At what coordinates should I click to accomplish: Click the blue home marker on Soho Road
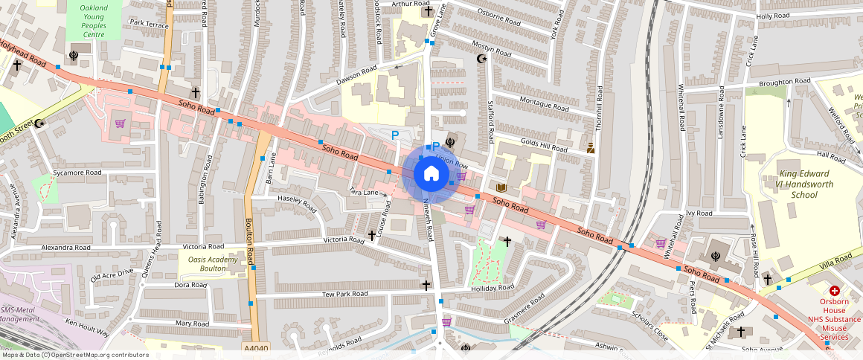(x=430, y=175)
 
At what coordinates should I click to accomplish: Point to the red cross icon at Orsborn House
(x=834, y=291)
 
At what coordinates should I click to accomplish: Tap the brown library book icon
(x=502, y=187)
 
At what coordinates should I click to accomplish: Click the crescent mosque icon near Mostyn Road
(x=481, y=58)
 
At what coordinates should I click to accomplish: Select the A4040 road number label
(x=255, y=348)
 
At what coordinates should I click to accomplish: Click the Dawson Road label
(x=357, y=75)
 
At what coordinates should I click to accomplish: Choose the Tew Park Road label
(x=344, y=295)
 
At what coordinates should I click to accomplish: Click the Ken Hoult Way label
(x=87, y=328)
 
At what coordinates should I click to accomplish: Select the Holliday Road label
(x=492, y=288)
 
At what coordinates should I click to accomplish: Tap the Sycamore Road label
(x=77, y=173)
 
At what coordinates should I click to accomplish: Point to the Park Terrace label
(x=149, y=24)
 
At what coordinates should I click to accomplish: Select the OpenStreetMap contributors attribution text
(x=74, y=355)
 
